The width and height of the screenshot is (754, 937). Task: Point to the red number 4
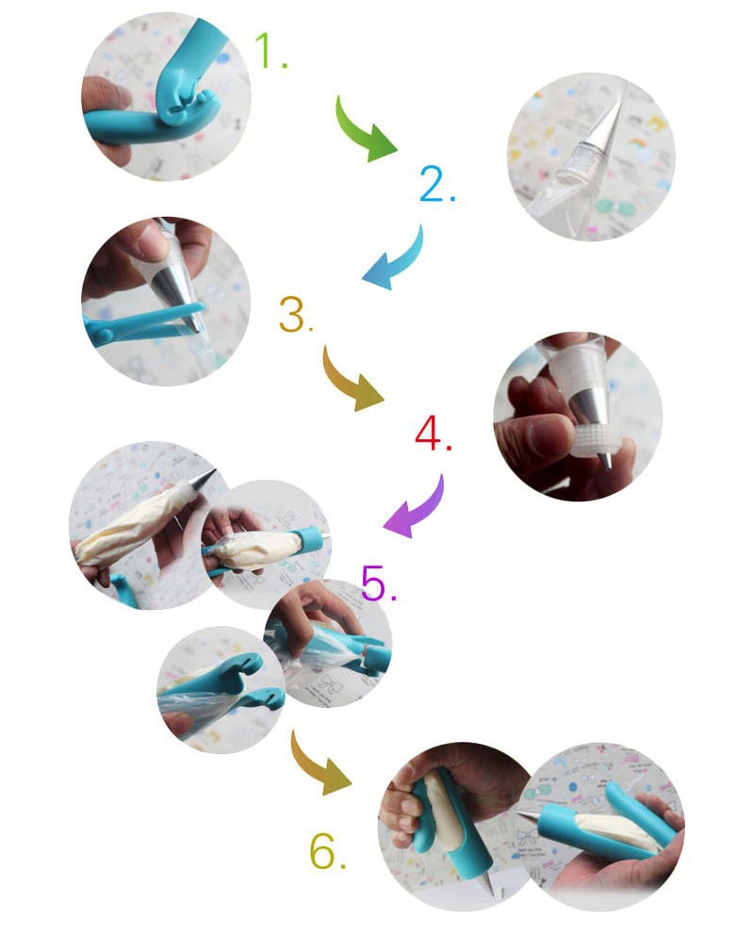[433, 434]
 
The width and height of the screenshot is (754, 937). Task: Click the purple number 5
[378, 583]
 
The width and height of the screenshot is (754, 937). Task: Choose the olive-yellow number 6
[327, 850]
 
